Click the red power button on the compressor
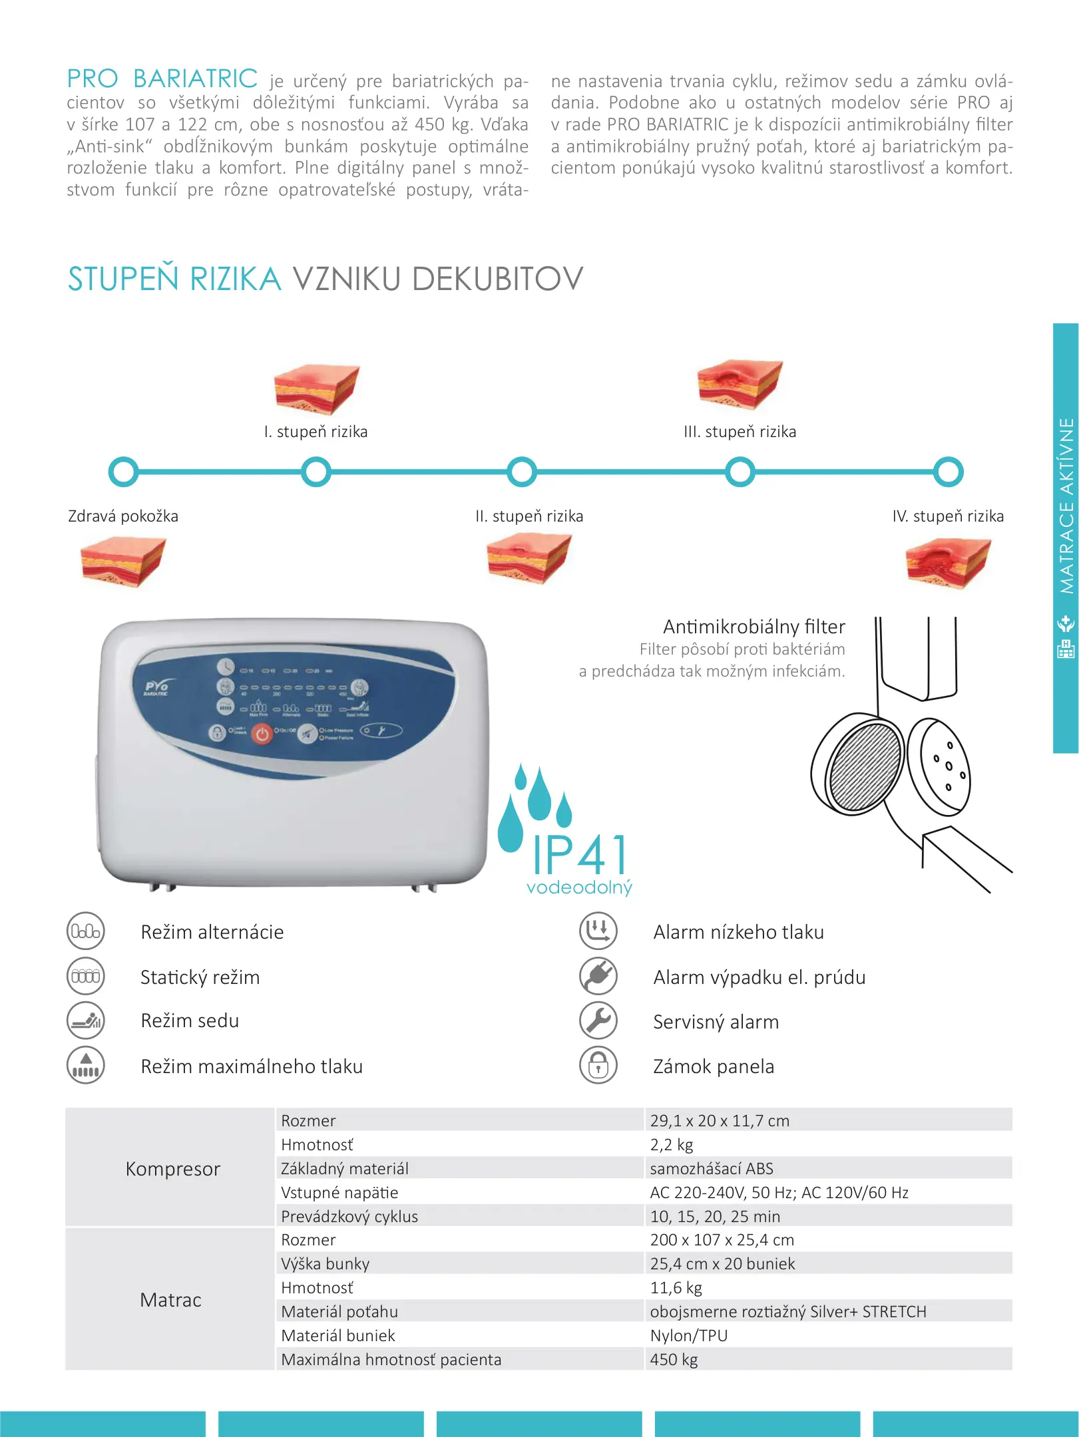point(262,734)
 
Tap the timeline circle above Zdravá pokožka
point(123,472)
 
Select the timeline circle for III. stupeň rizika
point(740,472)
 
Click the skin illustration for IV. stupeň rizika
point(948,563)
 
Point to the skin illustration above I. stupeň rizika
point(316,389)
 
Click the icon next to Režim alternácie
point(86,931)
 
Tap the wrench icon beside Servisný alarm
point(598,1021)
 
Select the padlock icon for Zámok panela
point(598,1066)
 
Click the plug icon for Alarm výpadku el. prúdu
point(598,976)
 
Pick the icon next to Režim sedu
point(86,1021)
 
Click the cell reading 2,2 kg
point(672,1144)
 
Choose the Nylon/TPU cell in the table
point(689,1335)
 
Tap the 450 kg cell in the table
point(674,1359)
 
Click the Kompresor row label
point(172,1169)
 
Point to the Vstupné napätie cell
point(339,1192)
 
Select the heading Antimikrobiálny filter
point(754,627)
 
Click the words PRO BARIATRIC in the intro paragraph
point(162,79)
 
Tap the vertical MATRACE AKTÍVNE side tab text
point(1066,506)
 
